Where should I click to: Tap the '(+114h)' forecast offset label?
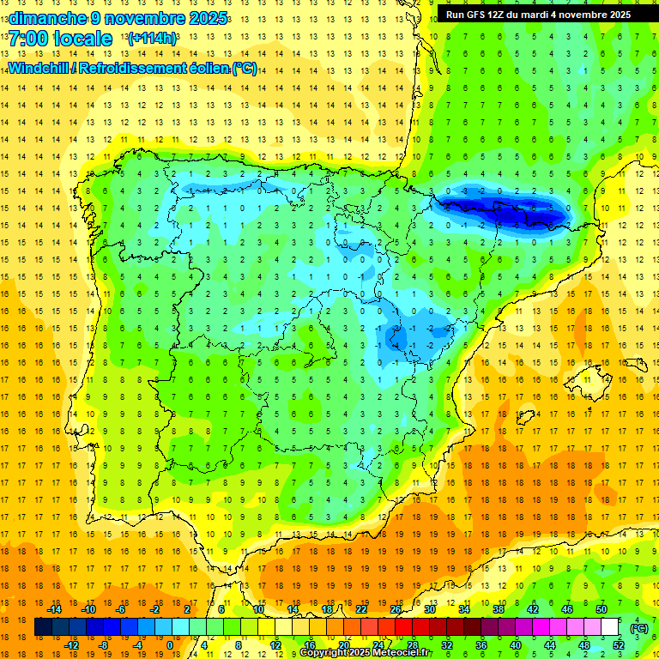coord(152,39)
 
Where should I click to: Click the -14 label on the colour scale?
coord(55,608)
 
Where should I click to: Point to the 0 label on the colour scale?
coord(170,645)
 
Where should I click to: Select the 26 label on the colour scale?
coord(396,608)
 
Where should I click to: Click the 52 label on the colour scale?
coord(618,645)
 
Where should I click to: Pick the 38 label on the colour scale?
coord(499,608)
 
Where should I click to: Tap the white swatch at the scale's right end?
coord(609,627)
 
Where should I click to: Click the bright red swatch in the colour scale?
coord(404,627)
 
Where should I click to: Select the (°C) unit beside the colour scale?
coord(638,627)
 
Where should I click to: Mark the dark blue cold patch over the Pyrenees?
coord(506,209)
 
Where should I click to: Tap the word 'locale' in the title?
coord(83,39)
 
